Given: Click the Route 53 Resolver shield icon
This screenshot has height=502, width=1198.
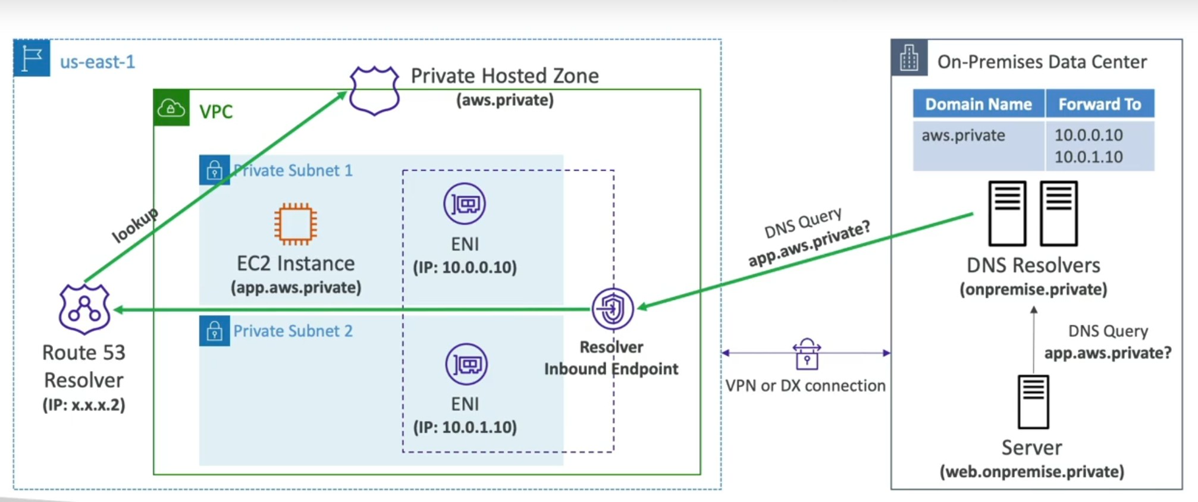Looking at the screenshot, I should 84,309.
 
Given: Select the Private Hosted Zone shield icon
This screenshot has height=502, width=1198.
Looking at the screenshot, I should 374,90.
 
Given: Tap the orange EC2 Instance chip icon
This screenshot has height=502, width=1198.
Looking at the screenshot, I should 296,224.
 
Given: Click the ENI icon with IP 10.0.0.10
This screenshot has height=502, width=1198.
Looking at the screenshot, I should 465,204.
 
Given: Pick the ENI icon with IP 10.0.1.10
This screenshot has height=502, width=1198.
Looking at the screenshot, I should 466,364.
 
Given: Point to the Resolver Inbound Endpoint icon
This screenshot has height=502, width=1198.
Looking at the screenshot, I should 612,309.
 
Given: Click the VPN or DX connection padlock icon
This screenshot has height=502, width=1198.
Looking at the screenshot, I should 807,354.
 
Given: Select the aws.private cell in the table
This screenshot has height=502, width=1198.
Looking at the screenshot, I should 963,136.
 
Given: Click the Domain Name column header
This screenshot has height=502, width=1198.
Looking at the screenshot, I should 979,104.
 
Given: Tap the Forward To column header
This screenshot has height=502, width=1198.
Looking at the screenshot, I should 1099,104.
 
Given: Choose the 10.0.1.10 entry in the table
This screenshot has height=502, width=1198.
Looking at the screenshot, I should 1089,157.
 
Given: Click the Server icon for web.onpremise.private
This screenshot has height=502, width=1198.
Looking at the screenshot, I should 1033,402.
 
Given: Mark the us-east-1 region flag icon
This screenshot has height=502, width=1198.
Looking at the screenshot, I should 32,58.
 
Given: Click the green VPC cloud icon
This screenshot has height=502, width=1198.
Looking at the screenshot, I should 171,108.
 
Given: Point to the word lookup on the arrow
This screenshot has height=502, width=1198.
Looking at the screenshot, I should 136,225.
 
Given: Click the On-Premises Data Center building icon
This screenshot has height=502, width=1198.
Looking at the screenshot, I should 909,58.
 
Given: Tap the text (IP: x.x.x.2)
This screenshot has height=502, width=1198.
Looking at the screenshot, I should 84,405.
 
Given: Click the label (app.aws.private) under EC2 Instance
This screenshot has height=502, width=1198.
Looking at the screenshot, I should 296,288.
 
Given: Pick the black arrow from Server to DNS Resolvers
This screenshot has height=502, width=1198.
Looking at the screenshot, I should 1034,339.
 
